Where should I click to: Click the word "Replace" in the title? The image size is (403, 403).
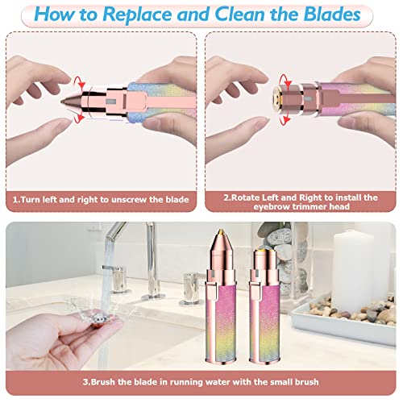[x=151, y=16]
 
